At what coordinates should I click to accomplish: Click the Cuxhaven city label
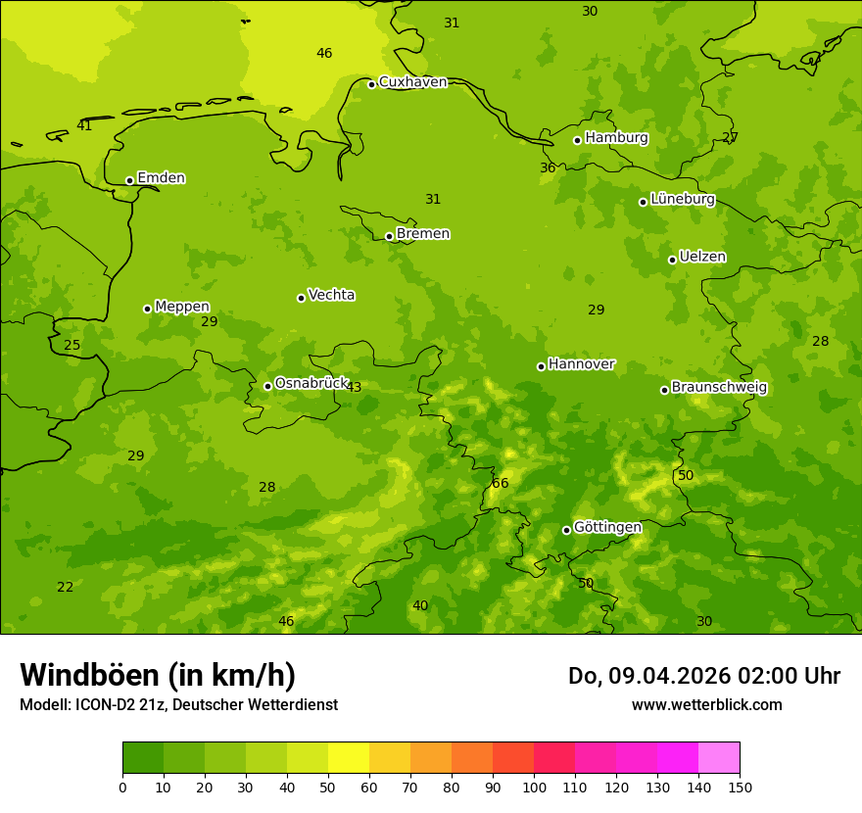point(412,82)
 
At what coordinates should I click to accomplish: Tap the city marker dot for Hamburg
point(578,140)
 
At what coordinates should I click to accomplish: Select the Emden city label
point(161,178)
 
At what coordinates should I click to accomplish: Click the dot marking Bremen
point(389,236)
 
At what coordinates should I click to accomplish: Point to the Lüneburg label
point(683,199)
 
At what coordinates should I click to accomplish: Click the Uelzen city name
point(702,258)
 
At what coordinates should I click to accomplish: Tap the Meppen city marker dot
point(148,309)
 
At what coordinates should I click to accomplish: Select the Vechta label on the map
point(331,295)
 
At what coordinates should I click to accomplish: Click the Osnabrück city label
point(311,383)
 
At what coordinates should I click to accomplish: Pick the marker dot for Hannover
point(541,366)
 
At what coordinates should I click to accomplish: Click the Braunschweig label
point(719,388)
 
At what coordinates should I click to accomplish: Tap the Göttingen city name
point(607,528)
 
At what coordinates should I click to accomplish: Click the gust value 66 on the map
point(501,483)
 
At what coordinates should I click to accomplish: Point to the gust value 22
point(65,587)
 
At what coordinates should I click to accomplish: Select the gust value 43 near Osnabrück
point(354,387)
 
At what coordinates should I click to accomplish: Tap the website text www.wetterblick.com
point(706,704)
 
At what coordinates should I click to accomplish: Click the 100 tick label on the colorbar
point(534,787)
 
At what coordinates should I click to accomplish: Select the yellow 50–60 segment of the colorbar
point(349,758)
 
